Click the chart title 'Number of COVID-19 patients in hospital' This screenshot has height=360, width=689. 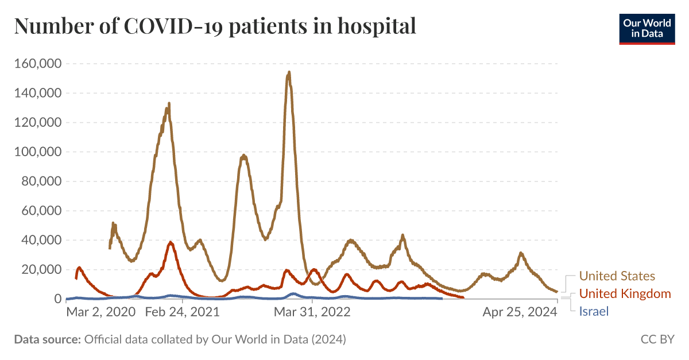(215, 26)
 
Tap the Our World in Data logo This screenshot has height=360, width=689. (647, 28)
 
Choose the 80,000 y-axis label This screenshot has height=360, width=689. (40, 181)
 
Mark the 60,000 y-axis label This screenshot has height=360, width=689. (40, 211)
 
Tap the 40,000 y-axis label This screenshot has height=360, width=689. (40, 240)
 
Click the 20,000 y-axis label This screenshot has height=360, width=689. (40, 269)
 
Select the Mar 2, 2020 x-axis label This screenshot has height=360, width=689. (101, 312)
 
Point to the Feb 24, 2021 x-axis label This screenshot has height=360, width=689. (182, 312)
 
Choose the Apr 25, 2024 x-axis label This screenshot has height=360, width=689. (520, 312)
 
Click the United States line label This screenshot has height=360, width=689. (617, 276)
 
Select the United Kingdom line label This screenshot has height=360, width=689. (625, 294)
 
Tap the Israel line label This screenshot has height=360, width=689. (594, 311)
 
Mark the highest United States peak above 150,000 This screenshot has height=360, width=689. (289, 72)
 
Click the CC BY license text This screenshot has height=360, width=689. (657, 339)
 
